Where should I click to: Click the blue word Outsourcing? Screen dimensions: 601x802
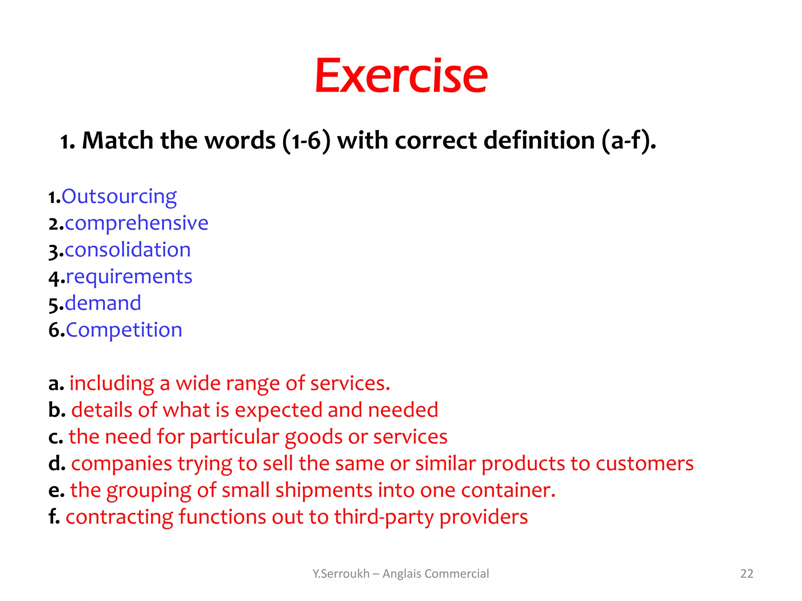pyautogui.click(x=119, y=196)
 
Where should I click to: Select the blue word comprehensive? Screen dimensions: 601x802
pyautogui.click(x=136, y=223)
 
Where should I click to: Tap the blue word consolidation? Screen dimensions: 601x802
pyautogui.click(x=128, y=250)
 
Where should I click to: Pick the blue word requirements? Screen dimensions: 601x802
pyautogui.click(x=129, y=277)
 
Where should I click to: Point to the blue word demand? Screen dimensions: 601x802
pyautogui.click(x=103, y=304)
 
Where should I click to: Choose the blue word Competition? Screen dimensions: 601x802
pyautogui.click(x=124, y=330)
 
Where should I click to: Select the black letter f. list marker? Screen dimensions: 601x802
pyautogui.click(x=54, y=517)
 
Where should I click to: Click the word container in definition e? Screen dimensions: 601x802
pyautogui.click(x=508, y=491)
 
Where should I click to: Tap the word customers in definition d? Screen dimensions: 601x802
pyautogui.click(x=645, y=464)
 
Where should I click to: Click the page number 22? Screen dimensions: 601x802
pyautogui.click(x=747, y=574)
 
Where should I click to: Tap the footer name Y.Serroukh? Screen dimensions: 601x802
pyautogui.click(x=341, y=574)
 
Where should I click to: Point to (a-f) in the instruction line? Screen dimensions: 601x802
pyautogui.click(x=628, y=140)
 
